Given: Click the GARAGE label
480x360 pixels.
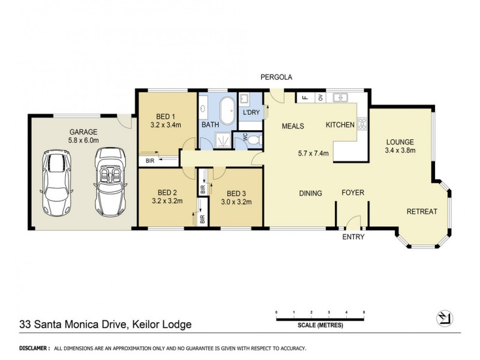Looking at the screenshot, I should [83, 132].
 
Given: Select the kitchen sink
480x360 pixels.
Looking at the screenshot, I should [341, 97].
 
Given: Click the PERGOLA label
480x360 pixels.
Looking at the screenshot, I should [275, 77].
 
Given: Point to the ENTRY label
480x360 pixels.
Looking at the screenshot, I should [353, 237].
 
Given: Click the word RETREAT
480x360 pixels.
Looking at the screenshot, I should [422, 211].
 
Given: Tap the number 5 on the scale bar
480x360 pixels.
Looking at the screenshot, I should [364, 313].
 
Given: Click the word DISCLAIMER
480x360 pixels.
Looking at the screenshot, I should [34, 348].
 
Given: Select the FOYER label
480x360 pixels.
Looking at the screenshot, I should [353, 193].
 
